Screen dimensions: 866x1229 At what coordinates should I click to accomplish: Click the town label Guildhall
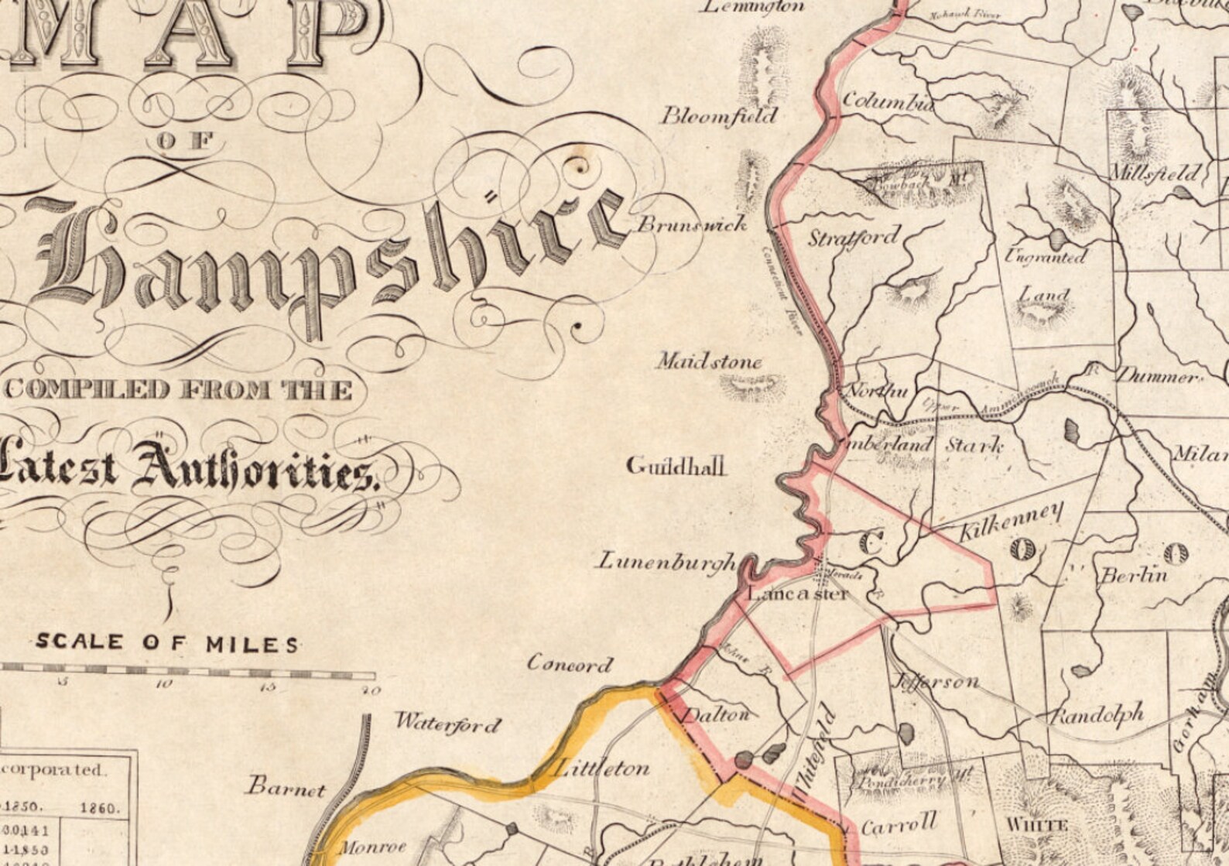[x=676, y=466]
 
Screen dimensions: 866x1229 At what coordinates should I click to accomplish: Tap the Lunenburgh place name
[x=666, y=561]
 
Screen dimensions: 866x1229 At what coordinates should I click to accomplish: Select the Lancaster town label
[x=797, y=594]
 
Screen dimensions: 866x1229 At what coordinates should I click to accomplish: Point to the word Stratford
[x=855, y=237]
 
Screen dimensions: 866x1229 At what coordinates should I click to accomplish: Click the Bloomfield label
[x=718, y=116]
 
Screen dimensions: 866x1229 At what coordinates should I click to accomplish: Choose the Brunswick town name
[x=692, y=224]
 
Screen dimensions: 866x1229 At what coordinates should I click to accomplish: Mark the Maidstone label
[x=710, y=361]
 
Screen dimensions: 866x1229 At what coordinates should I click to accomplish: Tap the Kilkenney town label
[x=1011, y=521]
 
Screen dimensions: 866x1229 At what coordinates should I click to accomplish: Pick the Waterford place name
[x=448, y=724]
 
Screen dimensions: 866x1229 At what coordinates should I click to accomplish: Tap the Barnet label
[x=286, y=789]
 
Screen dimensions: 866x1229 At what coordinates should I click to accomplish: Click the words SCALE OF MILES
[x=167, y=642]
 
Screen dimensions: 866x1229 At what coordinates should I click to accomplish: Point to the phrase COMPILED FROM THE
[x=179, y=389]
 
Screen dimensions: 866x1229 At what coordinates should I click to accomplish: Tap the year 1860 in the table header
[x=101, y=808]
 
